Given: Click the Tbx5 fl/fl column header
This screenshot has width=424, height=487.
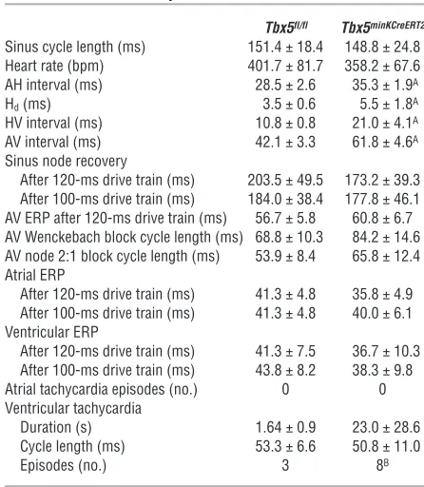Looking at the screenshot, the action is pyautogui.click(x=286, y=28).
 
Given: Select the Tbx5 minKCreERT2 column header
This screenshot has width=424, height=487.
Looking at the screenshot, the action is pyautogui.click(x=383, y=28).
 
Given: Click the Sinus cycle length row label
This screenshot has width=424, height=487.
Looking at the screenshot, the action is pyautogui.click(x=75, y=48).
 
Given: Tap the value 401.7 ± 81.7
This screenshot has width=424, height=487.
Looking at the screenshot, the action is pyautogui.click(x=285, y=66).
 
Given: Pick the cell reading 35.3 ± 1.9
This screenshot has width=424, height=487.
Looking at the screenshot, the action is pyautogui.click(x=385, y=85).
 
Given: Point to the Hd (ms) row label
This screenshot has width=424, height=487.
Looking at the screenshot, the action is pyautogui.click(x=28, y=105).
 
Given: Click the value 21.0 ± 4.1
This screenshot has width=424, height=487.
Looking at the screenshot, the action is pyautogui.click(x=385, y=123).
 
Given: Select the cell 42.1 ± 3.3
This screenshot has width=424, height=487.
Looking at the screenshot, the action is pyautogui.click(x=285, y=142).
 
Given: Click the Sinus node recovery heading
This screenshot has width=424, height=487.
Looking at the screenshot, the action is pyautogui.click(x=66, y=161).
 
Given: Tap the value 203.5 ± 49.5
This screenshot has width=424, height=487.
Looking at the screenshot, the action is pyautogui.click(x=285, y=180).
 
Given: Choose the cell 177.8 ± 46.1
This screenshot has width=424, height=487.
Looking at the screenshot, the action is pyautogui.click(x=382, y=199).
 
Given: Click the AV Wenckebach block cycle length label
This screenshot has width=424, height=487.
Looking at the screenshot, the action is pyautogui.click(x=124, y=238).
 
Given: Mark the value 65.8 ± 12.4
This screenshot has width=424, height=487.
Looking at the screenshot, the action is pyautogui.click(x=386, y=256).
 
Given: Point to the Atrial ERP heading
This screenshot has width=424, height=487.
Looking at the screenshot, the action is pyautogui.click(x=35, y=275).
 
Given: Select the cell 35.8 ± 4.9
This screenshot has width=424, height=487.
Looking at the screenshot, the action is pyautogui.click(x=382, y=294).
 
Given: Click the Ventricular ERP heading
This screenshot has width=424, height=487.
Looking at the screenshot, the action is pyautogui.click(x=51, y=332).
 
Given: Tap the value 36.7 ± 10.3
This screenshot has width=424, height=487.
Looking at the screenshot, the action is pyautogui.click(x=386, y=351).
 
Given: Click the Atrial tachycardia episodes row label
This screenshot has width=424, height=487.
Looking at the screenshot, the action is pyautogui.click(x=101, y=390).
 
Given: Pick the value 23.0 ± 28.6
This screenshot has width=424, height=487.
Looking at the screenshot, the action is pyautogui.click(x=386, y=427).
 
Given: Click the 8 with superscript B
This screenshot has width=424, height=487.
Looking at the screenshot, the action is pyautogui.click(x=382, y=465).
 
